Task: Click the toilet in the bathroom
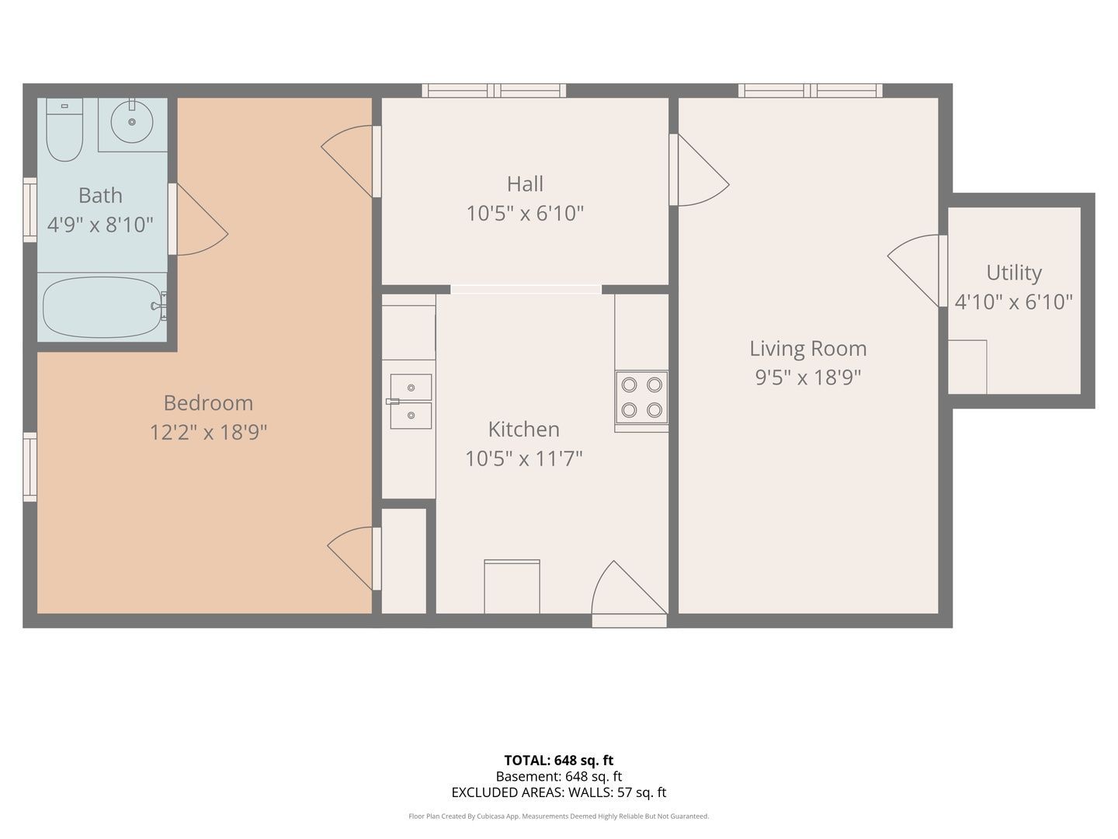[x=64, y=130]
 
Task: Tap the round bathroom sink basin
[x=132, y=122]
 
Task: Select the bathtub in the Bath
[x=103, y=307]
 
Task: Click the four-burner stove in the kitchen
[x=641, y=397]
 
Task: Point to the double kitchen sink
[x=411, y=402]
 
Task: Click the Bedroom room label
[x=208, y=403]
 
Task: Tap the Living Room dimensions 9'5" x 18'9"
[x=807, y=378]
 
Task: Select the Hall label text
[x=525, y=184]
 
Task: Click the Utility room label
[x=1014, y=273]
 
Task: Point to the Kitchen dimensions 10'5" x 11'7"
[x=523, y=458]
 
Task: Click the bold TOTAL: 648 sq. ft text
[x=559, y=760]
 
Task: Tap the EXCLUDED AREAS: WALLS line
[x=559, y=792]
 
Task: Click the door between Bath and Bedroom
[x=198, y=219]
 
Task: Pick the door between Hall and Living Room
[x=699, y=169]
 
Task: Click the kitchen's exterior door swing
[x=629, y=594]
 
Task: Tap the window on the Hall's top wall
[x=494, y=91]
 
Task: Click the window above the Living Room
[x=811, y=91]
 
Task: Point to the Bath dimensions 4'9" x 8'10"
[x=100, y=225]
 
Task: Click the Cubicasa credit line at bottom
[x=559, y=816]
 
